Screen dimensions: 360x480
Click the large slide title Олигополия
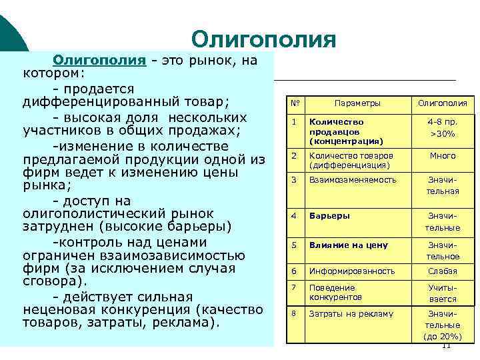[263, 39]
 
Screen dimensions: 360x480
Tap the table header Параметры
[357, 103]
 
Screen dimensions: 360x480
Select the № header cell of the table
[294, 103]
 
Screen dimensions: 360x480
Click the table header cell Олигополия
[443, 103]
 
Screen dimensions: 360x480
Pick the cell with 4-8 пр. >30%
[443, 128]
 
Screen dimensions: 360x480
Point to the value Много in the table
[443, 155]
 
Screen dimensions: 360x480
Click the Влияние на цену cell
[347, 245]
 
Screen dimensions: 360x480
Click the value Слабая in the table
[443, 271]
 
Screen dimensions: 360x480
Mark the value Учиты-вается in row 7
[443, 295]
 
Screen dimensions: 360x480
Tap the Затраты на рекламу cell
[351, 313]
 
